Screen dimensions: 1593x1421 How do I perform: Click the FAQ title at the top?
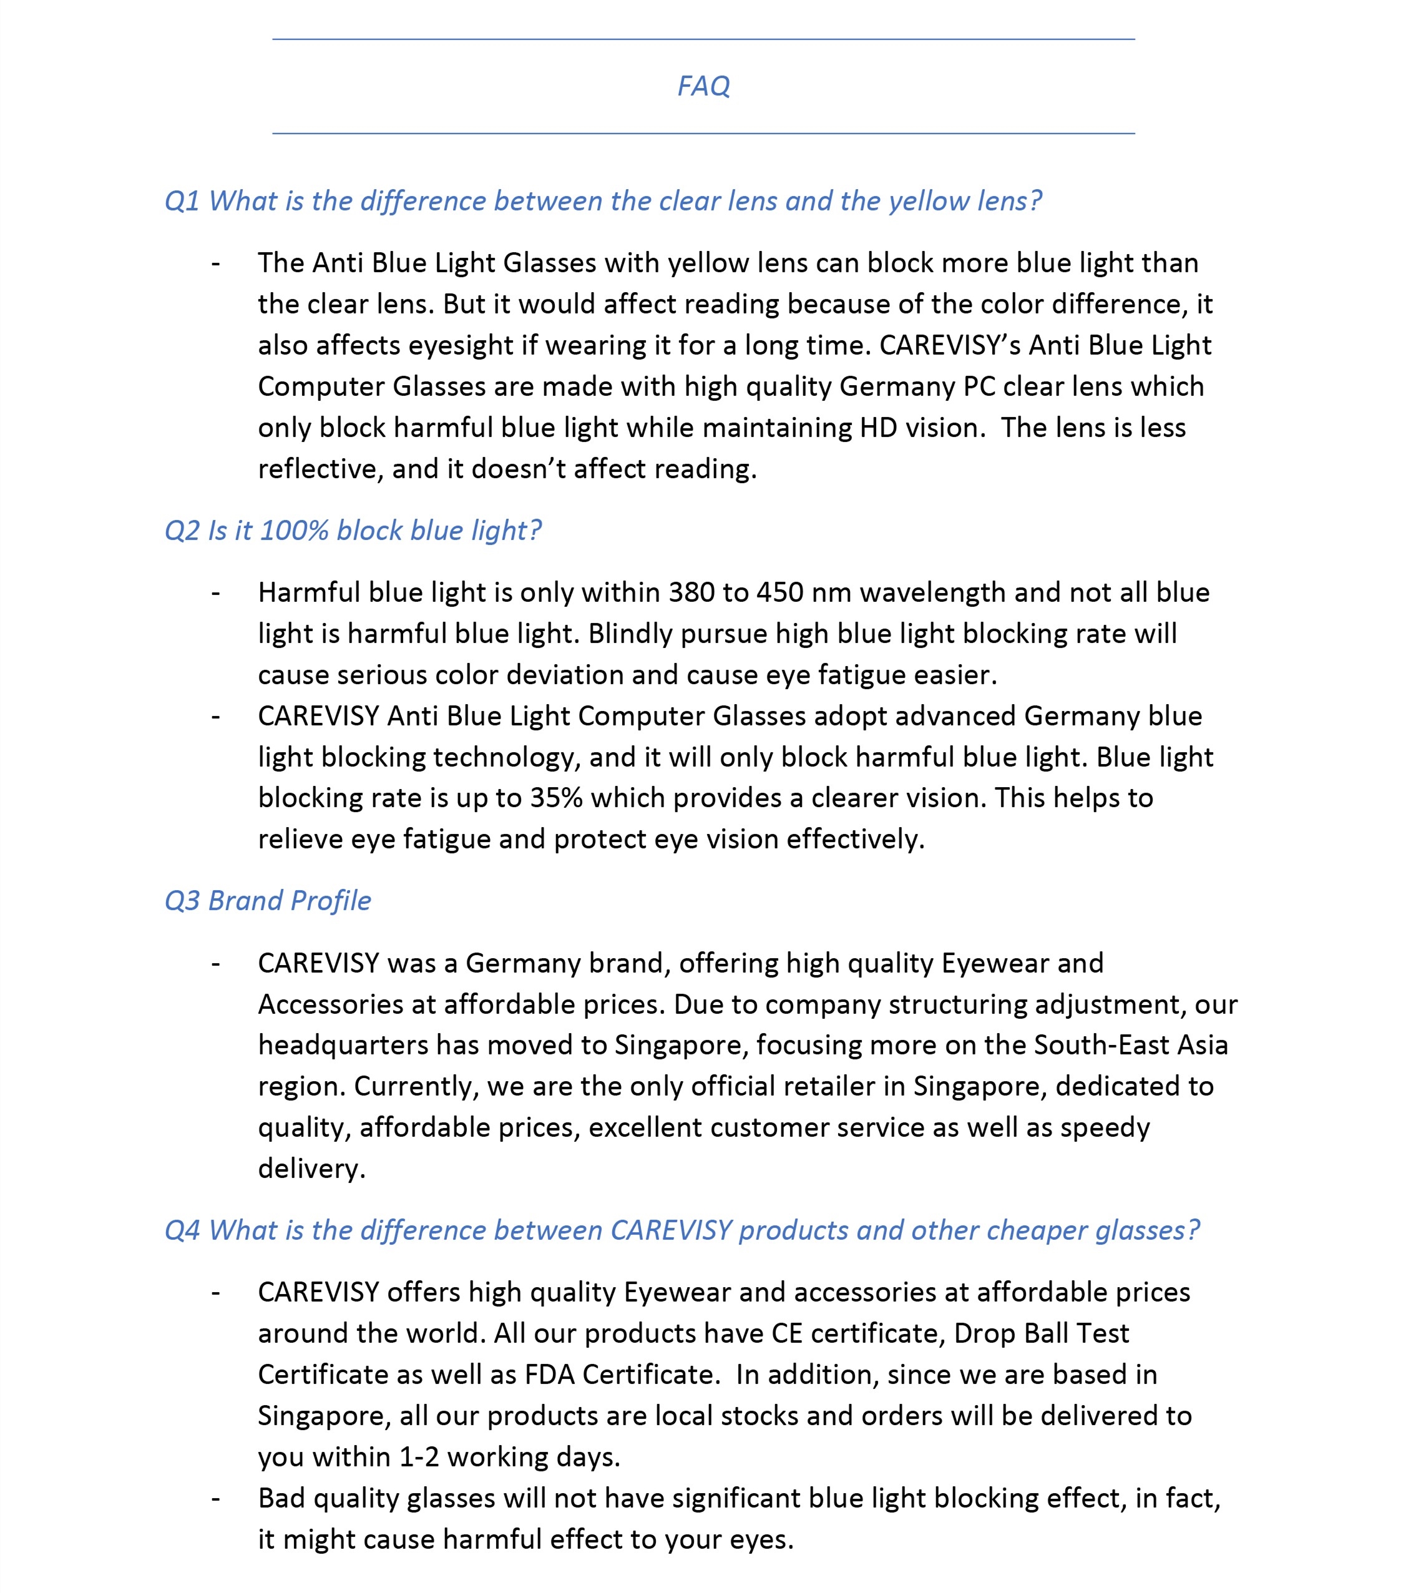tap(703, 86)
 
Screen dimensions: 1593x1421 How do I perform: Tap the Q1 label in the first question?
tap(182, 202)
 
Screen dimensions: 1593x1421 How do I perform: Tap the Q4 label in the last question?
tap(182, 1231)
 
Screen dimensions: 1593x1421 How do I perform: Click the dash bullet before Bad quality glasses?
tap(215, 1499)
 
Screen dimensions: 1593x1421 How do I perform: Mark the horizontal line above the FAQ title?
tap(703, 39)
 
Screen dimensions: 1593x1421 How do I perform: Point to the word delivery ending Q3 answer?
tap(311, 1169)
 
